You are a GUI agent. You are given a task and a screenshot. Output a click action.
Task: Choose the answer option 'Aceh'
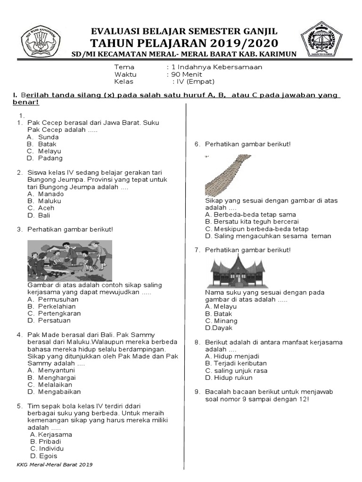point(46,208)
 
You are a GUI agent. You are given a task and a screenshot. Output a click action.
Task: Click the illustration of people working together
point(69,261)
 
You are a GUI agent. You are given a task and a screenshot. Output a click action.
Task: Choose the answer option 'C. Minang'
point(221,321)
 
